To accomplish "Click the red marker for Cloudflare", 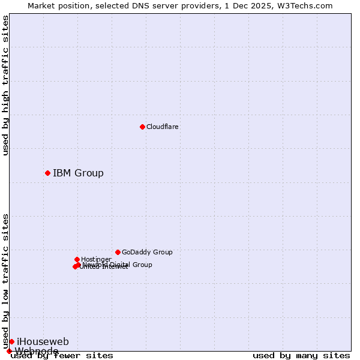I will click(x=142, y=127).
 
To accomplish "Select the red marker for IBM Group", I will click(x=47, y=173).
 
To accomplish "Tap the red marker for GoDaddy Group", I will click(x=118, y=252).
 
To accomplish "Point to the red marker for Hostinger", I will click(x=77, y=259).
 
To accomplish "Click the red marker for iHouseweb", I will click(x=11, y=341).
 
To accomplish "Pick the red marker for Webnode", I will click(x=9, y=351).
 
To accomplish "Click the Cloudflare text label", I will click(x=162, y=127).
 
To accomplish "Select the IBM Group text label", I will click(x=78, y=173).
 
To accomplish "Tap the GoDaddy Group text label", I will click(x=147, y=252).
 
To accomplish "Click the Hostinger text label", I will click(x=96, y=259).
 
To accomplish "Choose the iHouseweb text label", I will click(x=43, y=341).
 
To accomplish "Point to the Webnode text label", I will click(x=37, y=351).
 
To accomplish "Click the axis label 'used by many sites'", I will click(x=301, y=355).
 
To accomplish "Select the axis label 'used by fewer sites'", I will click(x=62, y=355).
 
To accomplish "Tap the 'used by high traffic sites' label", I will click(x=6, y=85).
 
